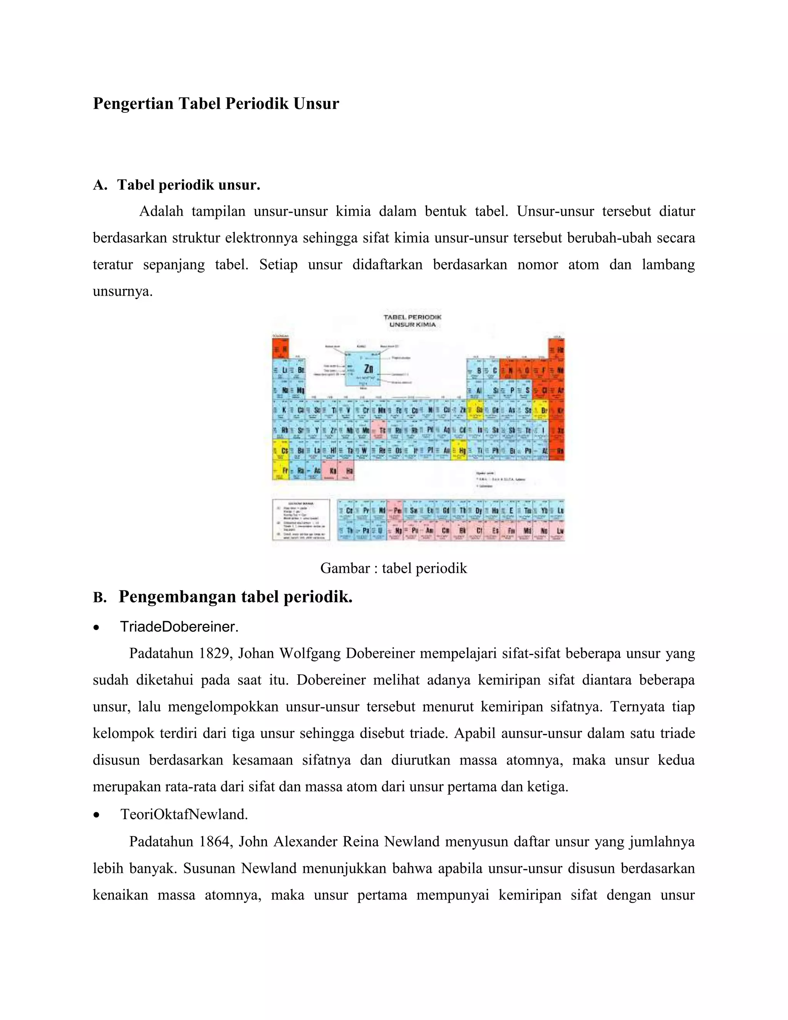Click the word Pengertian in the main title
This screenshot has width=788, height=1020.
click(x=133, y=103)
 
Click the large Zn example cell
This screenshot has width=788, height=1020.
click(x=362, y=369)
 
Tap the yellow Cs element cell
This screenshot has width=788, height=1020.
click(x=280, y=450)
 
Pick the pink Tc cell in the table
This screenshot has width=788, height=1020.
click(x=379, y=430)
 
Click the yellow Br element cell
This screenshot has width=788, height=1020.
click(x=540, y=410)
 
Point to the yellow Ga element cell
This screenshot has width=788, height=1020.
click(x=475, y=410)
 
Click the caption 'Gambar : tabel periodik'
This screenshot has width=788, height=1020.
click(x=393, y=568)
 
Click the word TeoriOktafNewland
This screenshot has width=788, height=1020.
click(x=184, y=814)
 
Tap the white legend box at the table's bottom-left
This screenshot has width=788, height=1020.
click(x=301, y=519)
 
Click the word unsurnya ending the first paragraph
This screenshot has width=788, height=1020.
click(x=122, y=291)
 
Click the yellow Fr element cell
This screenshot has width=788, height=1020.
click(x=280, y=470)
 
